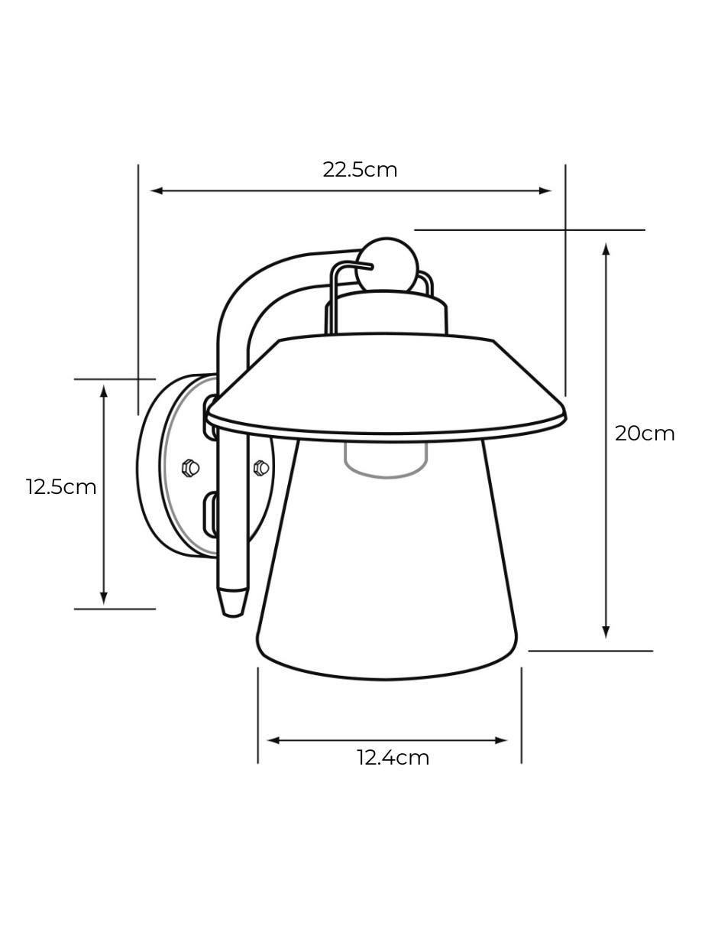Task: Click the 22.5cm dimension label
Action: (360, 171)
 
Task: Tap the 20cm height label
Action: (645, 434)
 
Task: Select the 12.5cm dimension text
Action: (61, 487)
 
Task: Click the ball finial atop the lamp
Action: (386, 265)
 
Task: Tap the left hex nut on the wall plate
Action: (190, 467)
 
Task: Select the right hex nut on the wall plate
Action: (261, 467)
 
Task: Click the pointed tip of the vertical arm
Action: (233, 615)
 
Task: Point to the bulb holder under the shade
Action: (386, 460)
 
